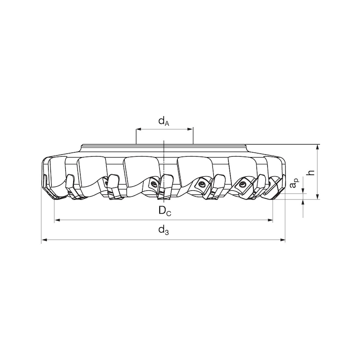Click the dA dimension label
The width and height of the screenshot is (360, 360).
163,121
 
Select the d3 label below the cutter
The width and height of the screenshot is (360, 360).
163,231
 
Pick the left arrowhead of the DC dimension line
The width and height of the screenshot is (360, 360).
57,220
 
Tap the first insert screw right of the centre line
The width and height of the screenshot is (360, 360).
201,183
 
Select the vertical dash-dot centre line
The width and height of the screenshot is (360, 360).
164,171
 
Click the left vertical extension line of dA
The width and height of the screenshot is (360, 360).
136,135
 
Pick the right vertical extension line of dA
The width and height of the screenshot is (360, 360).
193,135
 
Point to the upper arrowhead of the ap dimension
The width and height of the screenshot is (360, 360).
303,192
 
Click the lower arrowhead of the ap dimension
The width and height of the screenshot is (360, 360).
303,202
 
